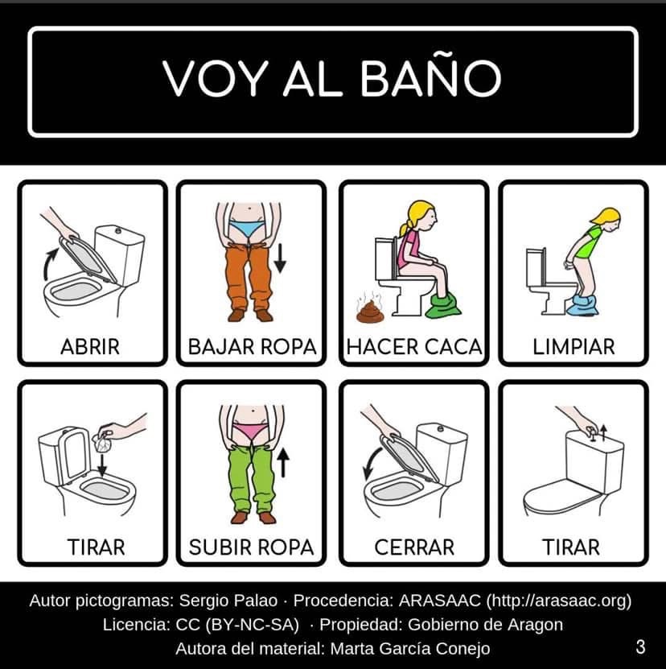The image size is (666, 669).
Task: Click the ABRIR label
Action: (90, 346)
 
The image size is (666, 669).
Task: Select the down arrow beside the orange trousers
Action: (280, 258)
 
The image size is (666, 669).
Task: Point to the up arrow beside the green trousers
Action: (283, 462)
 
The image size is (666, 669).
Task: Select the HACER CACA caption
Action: (414, 346)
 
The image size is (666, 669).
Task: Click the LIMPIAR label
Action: (573, 346)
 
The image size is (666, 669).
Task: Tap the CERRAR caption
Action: (414, 547)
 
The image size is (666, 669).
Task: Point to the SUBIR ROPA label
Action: (251, 547)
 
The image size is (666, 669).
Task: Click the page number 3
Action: (640, 646)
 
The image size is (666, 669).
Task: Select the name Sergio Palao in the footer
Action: (228, 601)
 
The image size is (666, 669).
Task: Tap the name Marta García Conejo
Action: (409, 649)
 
